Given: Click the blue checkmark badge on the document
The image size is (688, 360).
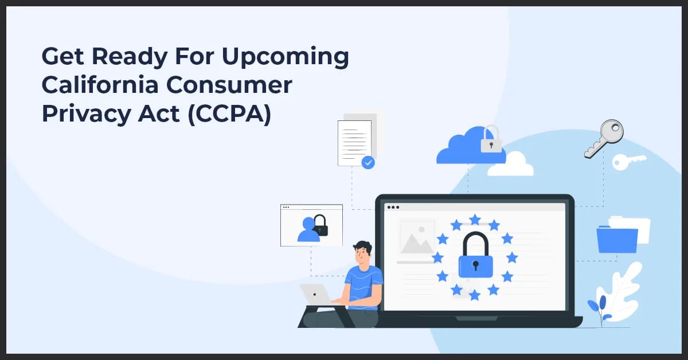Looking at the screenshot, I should (368, 163).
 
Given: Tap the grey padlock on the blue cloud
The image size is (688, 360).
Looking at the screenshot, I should (491, 140).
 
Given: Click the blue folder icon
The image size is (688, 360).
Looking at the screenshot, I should (617, 240).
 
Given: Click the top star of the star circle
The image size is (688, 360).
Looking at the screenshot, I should (475, 220).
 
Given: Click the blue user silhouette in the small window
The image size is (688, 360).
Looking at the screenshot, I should (308, 230).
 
